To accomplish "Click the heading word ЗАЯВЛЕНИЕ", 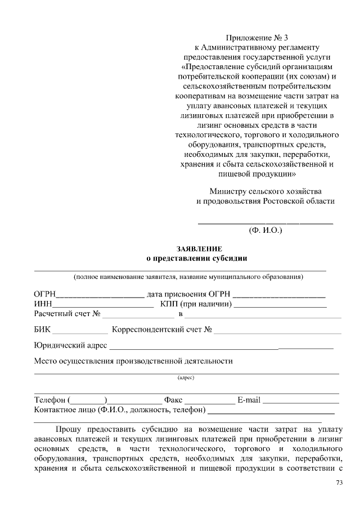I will point(199,249).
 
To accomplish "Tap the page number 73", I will point(339,483).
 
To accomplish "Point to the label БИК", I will point(42,330).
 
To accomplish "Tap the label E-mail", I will point(249,400).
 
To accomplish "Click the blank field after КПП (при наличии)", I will point(279,305).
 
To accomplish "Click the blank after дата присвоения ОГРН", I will point(279,294).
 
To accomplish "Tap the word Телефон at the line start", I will point(50,400).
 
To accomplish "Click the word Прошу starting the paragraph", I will point(69,430).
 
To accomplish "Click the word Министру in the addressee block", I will point(229,191).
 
